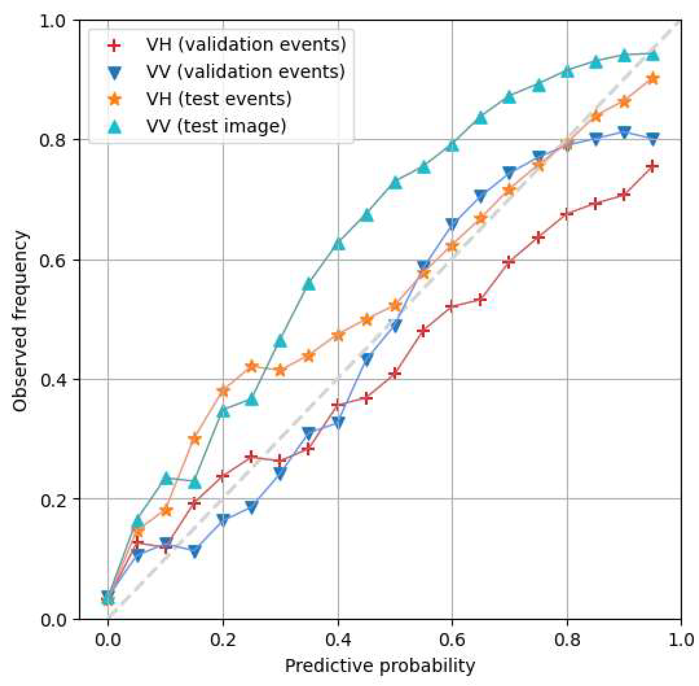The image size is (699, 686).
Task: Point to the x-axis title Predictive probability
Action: (379, 666)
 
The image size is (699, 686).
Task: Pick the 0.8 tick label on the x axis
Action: (566, 640)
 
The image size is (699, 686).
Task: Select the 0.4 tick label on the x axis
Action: (338, 640)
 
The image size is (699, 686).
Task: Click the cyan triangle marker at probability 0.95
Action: (653, 55)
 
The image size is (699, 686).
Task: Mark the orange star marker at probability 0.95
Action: (653, 78)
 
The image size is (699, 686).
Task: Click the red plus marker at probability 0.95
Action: (653, 167)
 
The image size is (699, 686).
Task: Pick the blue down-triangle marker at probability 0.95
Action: (653, 139)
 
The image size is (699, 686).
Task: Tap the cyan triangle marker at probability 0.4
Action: (338, 244)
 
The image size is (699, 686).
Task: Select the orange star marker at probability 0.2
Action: (223, 391)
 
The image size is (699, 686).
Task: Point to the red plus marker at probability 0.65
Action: (481, 300)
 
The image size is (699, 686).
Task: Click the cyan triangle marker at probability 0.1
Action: (167, 479)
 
